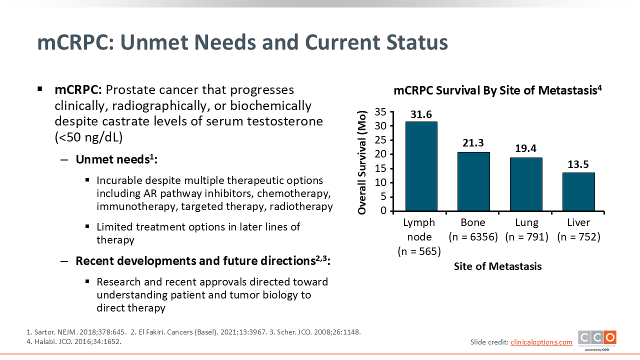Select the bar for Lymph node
click(x=421, y=166)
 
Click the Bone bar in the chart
click(x=473, y=181)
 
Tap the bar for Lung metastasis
click(x=526, y=184)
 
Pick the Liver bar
click(x=578, y=192)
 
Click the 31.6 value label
click(x=421, y=114)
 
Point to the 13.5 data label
click(x=578, y=164)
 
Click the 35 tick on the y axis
click(x=380, y=112)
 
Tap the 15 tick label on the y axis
click(x=380, y=168)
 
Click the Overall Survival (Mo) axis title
click(x=361, y=162)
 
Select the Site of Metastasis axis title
click(x=497, y=266)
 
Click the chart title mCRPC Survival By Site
click(x=497, y=90)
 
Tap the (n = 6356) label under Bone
click(x=473, y=237)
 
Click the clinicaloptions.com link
click(x=541, y=342)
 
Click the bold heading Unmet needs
click(x=116, y=159)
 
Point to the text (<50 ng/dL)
click(x=88, y=137)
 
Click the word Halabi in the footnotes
click(x=45, y=341)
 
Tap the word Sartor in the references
click(x=45, y=332)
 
